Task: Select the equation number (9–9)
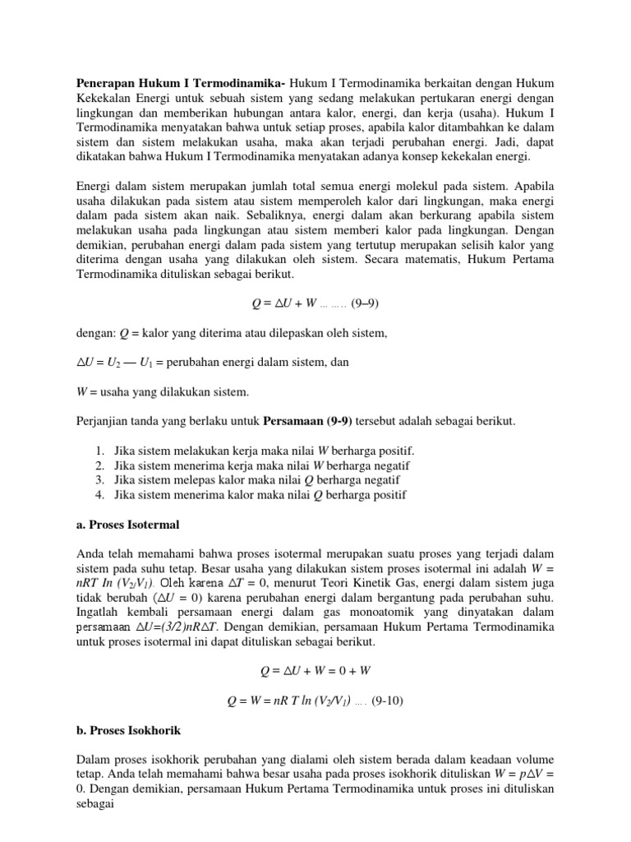[x=365, y=303]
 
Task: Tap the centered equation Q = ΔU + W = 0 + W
[x=315, y=671]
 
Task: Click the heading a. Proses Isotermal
[x=127, y=524]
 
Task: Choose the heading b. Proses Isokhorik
[x=129, y=730]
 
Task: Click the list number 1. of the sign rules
[x=99, y=451]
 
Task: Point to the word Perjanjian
[x=104, y=421]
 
